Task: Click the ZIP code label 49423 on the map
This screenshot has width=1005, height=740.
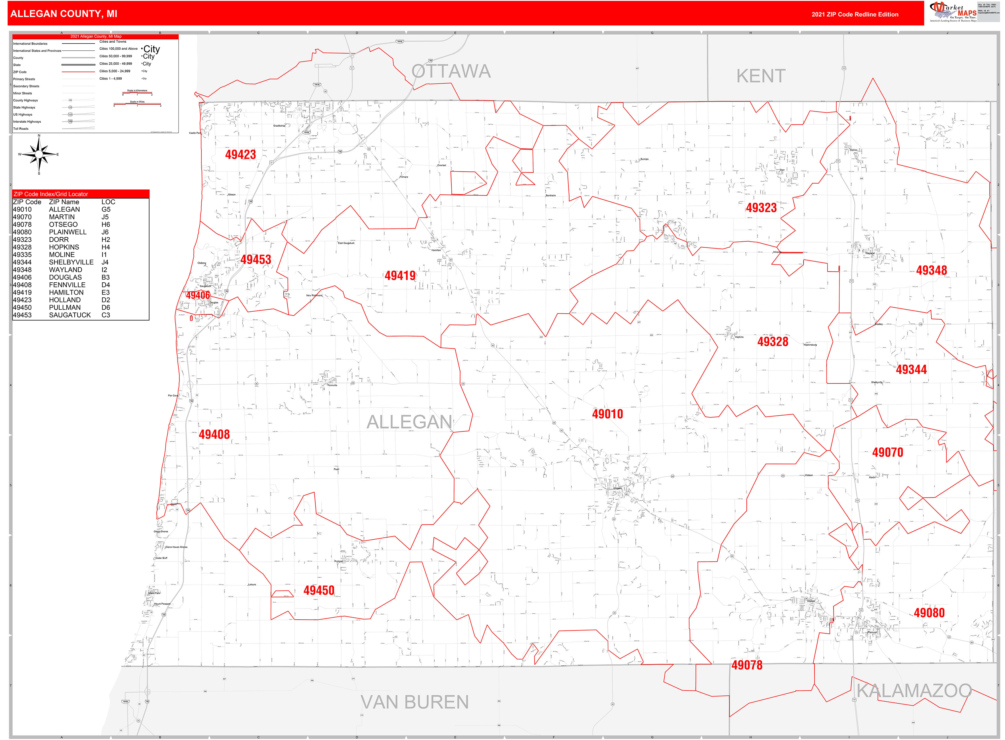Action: [240, 155]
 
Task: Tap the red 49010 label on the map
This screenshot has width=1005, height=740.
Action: [607, 414]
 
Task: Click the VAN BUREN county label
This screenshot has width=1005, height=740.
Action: [415, 702]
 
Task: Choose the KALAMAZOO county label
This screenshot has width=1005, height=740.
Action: [914, 691]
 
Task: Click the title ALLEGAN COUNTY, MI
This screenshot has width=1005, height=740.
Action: [64, 14]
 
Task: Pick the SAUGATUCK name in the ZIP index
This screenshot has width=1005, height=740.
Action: [70, 315]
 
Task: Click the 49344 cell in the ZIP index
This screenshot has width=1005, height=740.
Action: [22, 262]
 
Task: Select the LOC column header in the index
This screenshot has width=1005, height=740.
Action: [108, 202]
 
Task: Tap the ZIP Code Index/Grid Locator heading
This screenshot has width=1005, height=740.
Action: [51, 194]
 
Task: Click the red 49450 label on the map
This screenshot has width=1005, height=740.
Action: [319, 590]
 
